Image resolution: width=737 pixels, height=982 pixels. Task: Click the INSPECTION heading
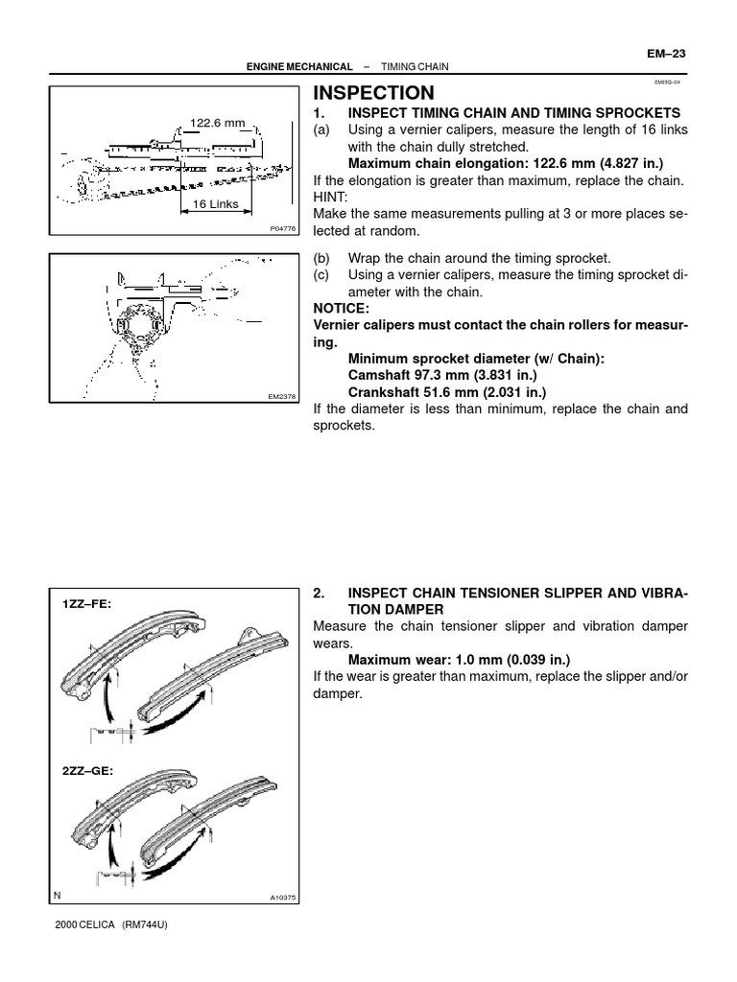374,93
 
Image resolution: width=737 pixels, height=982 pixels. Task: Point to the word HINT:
331,198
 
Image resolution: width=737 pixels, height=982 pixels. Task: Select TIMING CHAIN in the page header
416,67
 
